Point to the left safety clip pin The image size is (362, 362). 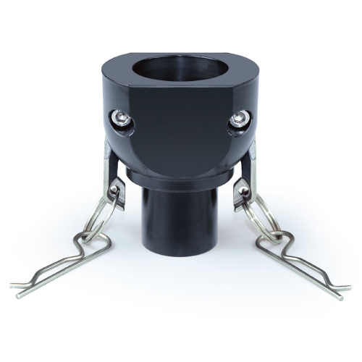click(x=65, y=261)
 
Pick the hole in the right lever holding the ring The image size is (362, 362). click(x=245, y=190)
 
